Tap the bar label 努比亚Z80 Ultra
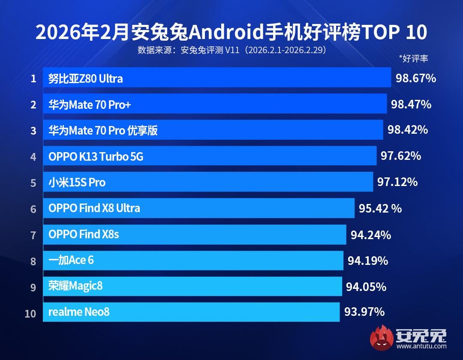pos(86,78)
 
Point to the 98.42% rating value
pos(408,130)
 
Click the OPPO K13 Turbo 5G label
pos(96,157)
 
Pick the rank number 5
pos(33,183)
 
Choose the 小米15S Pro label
pos(77,183)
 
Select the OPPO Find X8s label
pos(84,234)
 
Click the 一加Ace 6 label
pos(71,260)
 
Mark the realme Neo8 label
pos(79,312)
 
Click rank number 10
pos(30,313)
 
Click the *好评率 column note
pos(413,59)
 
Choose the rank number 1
pos(33,79)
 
